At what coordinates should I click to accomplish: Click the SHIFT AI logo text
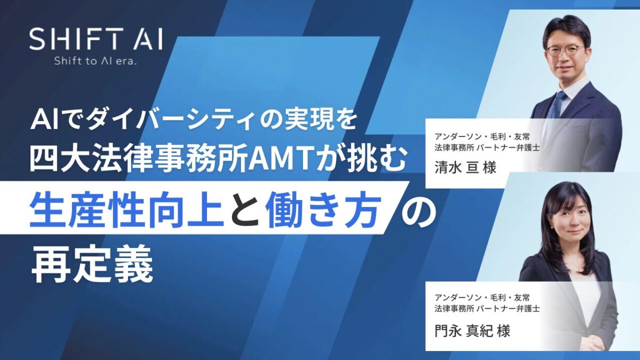[95, 39]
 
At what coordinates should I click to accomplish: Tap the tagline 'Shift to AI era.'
[95, 61]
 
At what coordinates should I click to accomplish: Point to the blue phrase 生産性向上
[127, 205]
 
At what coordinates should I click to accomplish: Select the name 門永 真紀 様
[473, 331]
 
